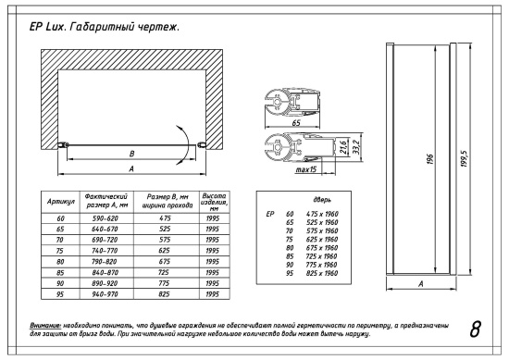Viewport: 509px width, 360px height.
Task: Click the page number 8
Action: click(x=475, y=329)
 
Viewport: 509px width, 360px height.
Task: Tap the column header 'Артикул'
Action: click(x=60, y=200)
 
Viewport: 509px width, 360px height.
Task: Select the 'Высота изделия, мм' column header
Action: click(x=215, y=200)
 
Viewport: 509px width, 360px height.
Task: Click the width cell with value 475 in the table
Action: click(x=168, y=218)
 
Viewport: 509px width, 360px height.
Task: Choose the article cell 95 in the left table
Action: click(x=60, y=293)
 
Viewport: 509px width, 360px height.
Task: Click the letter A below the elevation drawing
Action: click(x=422, y=286)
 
